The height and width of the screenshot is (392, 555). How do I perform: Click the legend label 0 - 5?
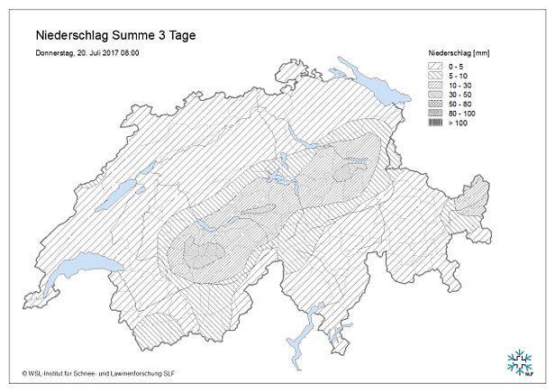coord(457,67)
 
